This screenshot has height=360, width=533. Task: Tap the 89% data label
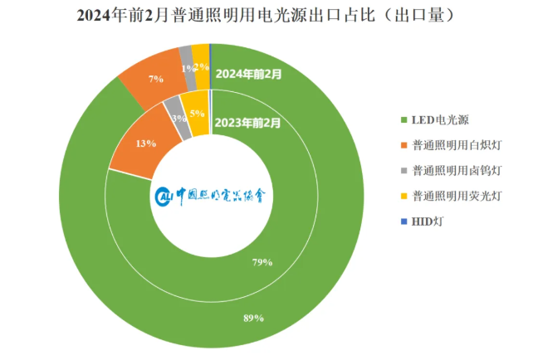254,318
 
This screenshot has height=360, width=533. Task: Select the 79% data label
262,262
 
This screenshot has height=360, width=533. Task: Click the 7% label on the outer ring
155,79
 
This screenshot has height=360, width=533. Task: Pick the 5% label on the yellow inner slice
197,114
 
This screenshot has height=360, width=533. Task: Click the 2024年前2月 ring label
248,73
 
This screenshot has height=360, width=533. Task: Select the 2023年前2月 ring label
247,124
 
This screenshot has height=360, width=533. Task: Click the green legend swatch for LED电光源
403,120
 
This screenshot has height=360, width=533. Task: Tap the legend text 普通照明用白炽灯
456,146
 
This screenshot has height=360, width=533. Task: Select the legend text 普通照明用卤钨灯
456,171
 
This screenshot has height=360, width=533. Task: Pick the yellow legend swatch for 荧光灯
403,197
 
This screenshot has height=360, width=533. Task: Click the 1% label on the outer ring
185,70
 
